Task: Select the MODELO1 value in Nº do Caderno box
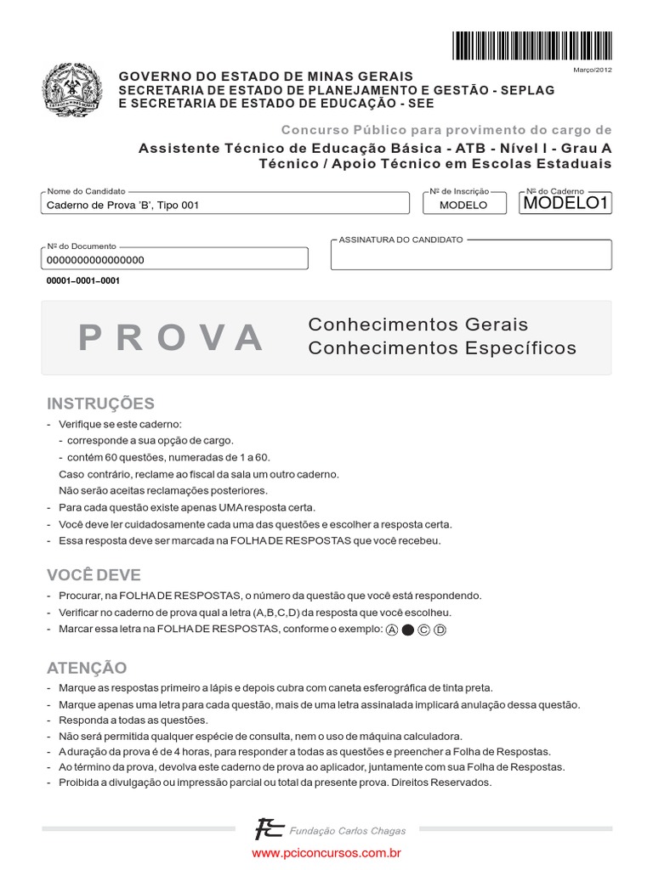click(x=566, y=203)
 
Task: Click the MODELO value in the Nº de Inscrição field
click(x=463, y=205)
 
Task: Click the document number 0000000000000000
click(x=95, y=260)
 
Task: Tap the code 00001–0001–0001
click(x=83, y=281)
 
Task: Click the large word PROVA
click(x=171, y=338)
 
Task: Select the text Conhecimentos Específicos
click(x=441, y=348)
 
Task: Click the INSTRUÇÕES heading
click(x=100, y=403)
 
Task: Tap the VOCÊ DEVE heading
click(x=94, y=575)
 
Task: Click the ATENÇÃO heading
click(x=87, y=668)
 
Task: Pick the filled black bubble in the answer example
click(x=407, y=630)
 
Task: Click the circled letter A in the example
click(x=391, y=630)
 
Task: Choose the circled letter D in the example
click(x=440, y=630)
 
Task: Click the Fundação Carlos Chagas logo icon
click(x=270, y=829)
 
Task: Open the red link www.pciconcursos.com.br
click(x=326, y=852)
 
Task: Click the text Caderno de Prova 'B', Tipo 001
click(x=123, y=205)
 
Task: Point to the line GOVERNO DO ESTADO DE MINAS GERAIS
click(x=265, y=76)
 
